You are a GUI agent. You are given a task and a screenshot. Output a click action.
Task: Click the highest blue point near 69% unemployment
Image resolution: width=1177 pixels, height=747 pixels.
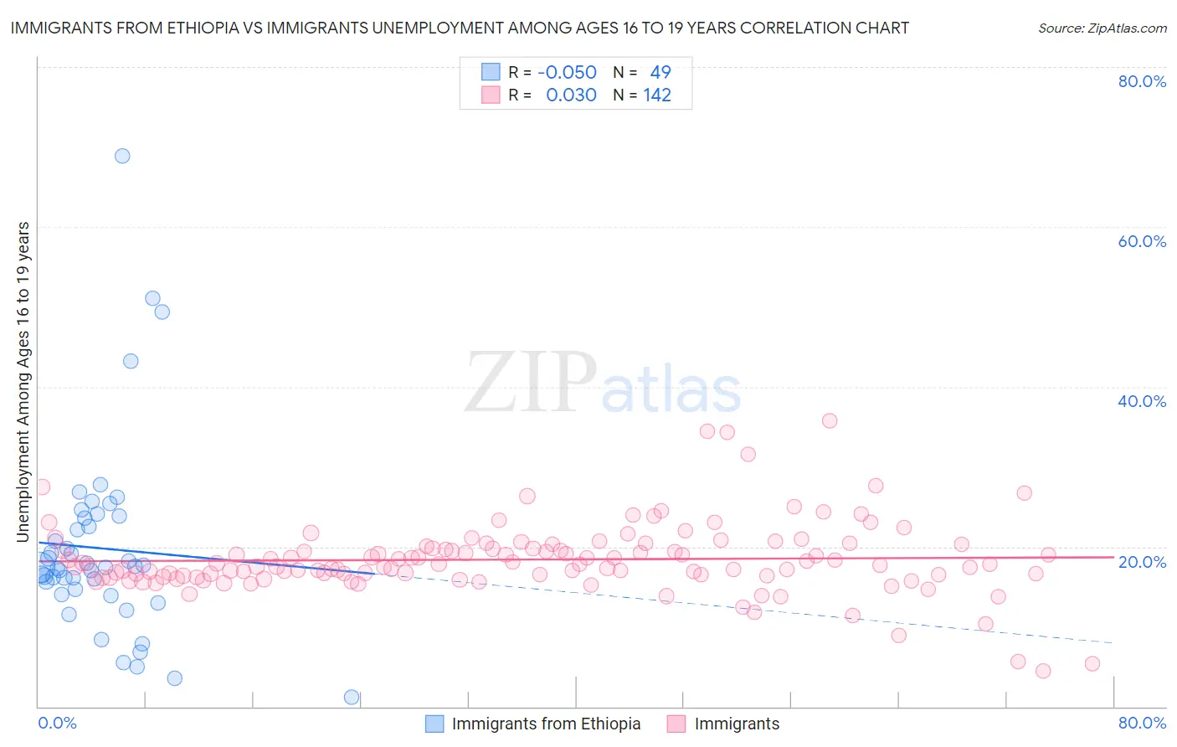coord(122,156)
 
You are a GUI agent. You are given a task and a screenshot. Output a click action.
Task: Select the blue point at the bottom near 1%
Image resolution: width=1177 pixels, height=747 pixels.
coord(352,697)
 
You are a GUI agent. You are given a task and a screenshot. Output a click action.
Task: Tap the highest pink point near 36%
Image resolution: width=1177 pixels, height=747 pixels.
coord(830,420)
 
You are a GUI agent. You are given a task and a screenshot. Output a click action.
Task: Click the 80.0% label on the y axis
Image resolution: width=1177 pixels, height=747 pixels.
coord(1142,81)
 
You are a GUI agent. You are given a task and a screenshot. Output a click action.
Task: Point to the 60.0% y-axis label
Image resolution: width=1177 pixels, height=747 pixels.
coord(1142,241)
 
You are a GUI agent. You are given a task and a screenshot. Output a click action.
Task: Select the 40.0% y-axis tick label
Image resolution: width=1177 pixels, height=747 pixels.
coord(1142,401)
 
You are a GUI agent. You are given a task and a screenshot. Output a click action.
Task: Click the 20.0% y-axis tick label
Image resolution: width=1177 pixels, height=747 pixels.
coord(1142,562)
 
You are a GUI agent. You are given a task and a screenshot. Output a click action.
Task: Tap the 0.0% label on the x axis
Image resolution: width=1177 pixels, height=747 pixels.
coord(57,723)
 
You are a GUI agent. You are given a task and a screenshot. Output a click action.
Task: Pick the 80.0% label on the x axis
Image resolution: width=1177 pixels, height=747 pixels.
coord(1142,723)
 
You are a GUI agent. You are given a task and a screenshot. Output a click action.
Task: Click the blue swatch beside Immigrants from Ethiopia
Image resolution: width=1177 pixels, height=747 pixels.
coord(434,724)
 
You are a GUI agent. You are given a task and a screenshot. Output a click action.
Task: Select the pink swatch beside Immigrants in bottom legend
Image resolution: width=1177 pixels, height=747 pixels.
coord(676,724)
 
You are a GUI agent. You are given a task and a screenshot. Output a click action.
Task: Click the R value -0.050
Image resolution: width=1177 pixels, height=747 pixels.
coord(567,73)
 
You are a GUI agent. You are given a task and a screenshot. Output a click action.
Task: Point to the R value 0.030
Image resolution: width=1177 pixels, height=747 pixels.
coord(571,95)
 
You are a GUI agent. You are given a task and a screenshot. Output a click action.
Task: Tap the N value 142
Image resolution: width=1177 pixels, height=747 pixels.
coord(657,95)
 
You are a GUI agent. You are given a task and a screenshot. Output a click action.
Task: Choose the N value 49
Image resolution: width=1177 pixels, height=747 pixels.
coord(660,73)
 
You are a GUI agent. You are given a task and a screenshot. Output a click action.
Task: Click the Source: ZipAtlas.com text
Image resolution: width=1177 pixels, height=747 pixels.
coord(1102,28)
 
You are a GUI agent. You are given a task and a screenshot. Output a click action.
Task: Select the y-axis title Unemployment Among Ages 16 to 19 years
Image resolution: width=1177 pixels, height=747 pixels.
coord(23,382)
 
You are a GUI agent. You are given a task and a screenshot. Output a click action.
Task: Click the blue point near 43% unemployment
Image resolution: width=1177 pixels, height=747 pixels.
coord(131,361)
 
